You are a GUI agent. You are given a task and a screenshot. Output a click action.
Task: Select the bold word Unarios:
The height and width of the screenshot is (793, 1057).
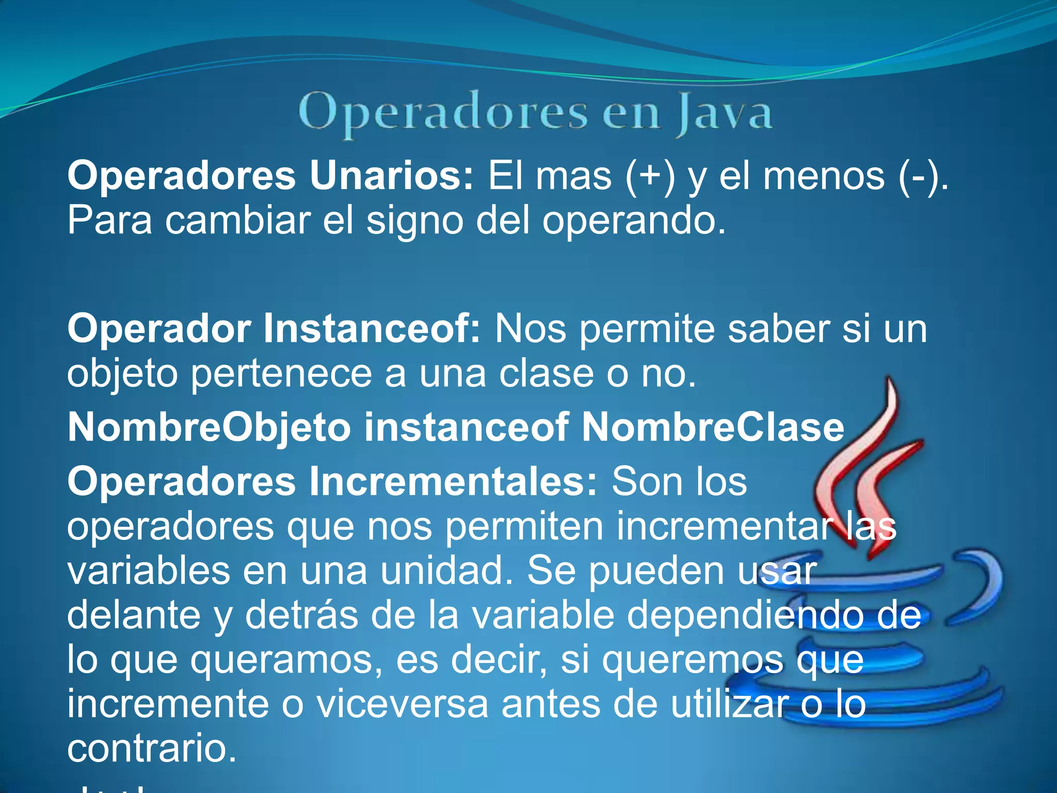point(391,176)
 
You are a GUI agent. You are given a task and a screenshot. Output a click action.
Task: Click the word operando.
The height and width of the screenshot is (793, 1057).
point(634,221)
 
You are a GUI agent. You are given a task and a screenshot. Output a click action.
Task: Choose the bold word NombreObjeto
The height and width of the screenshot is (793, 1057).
point(209,428)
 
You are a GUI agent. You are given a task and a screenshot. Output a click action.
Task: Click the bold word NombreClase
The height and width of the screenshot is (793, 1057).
point(713,428)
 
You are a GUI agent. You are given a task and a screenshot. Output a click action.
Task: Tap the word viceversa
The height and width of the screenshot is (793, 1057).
point(402,705)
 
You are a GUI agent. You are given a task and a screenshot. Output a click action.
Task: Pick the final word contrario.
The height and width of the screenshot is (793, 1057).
point(152,749)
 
